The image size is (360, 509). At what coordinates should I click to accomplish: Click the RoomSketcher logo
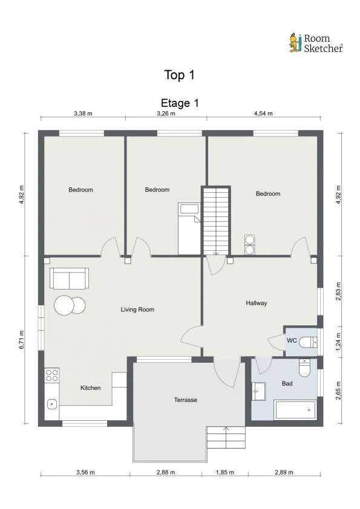point(316,44)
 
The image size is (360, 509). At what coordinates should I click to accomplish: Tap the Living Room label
point(137,310)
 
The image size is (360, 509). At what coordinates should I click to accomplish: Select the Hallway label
point(257,303)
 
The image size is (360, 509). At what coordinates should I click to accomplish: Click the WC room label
point(292,340)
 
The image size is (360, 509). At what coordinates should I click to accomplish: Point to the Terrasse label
point(186,400)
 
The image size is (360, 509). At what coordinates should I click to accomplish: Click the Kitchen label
point(91,388)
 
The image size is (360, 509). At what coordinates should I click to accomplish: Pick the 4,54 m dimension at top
point(263,113)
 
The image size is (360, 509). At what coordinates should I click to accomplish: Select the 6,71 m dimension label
point(22,340)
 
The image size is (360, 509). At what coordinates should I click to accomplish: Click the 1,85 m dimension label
point(225,472)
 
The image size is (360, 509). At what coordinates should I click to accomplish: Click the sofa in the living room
point(69,279)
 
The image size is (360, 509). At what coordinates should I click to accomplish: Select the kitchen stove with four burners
point(52,375)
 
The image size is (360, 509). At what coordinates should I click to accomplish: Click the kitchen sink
point(52,404)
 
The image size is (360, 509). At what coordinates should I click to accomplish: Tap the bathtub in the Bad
point(295,410)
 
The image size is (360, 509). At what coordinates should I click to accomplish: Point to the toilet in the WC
point(308,342)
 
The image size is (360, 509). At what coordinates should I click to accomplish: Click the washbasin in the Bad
point(258,391)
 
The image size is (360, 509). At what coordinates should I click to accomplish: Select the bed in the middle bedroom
point(189,229)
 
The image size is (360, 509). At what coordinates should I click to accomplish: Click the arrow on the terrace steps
point(226,437)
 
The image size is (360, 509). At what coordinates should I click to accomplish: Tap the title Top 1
point(179,75)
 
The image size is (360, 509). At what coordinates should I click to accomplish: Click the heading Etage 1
point(180,103)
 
